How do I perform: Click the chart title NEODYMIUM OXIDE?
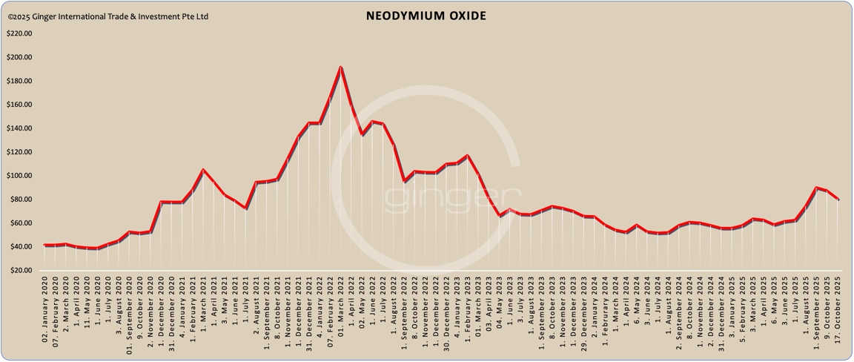pyautogui.click(x=426, y=16)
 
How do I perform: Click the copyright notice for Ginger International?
pyautogui.click(x=108, y=16)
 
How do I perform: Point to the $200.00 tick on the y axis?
pyautogui.click(x=19, y=57)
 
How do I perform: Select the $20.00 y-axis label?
pyautogui.click(x=20, y=271)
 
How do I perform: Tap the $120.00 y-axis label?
pyautogui.click(x=19, y=152)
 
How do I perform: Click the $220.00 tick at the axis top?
pyautogui.click(x=19, y=33)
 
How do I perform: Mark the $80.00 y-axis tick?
pyautogui.click(x=20, y=200)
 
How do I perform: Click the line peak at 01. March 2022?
pyautogui.click(x=340, y=68)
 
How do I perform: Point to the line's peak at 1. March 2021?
pyautogui.click(x=203, y=170)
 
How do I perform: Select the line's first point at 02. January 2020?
pyautogui.click(x=44, y=245)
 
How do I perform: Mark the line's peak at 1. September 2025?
pyautogui.click(x=816, y=188)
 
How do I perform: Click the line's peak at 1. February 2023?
pyautogui.click(x=467, y=156)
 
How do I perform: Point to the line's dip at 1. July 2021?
pyautogui.click(x=245, y=208)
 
